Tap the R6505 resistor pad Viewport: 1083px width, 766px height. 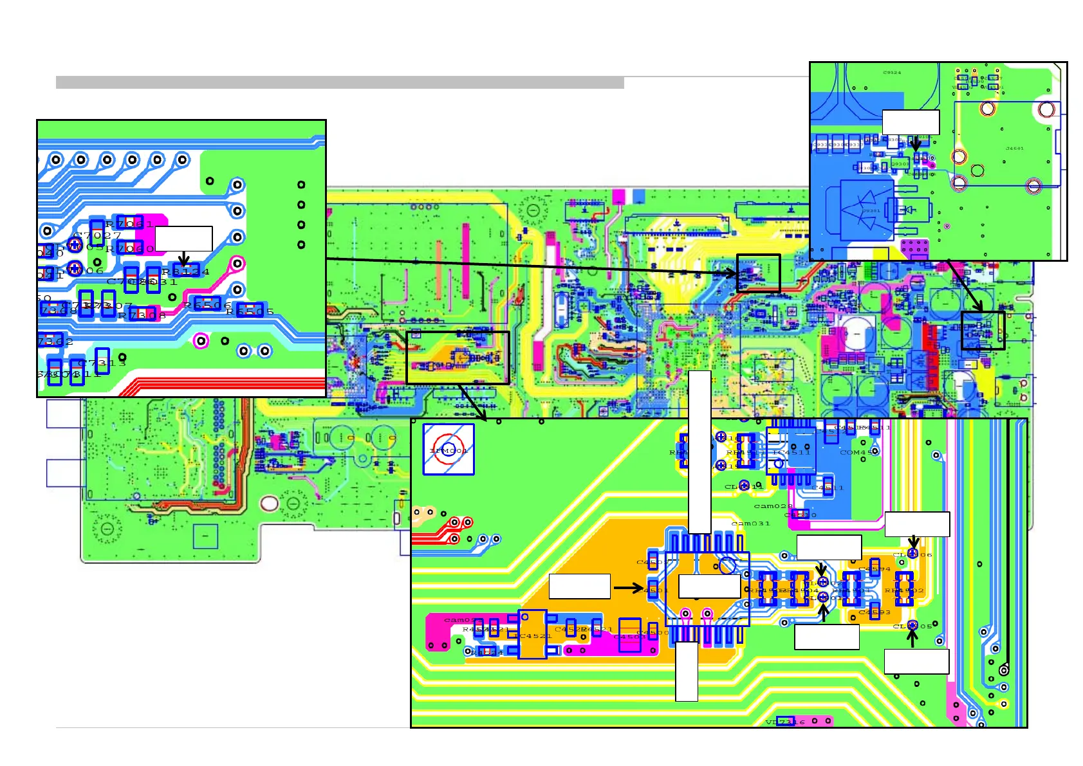249,311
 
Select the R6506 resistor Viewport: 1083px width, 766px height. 207,304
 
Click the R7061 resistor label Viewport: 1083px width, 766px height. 129,224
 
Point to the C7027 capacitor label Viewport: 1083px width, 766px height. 97,235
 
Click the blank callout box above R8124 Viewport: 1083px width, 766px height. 183,238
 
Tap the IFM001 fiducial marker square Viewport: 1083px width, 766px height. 449,450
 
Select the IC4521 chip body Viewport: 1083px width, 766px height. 532,635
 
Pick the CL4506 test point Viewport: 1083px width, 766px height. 912,554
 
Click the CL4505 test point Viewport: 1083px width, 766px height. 912,625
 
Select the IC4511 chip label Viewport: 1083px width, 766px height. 792,452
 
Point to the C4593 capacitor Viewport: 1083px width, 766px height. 875,611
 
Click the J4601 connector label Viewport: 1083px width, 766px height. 1014,149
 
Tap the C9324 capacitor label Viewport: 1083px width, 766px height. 892,73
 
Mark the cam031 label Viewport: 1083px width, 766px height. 750,524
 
